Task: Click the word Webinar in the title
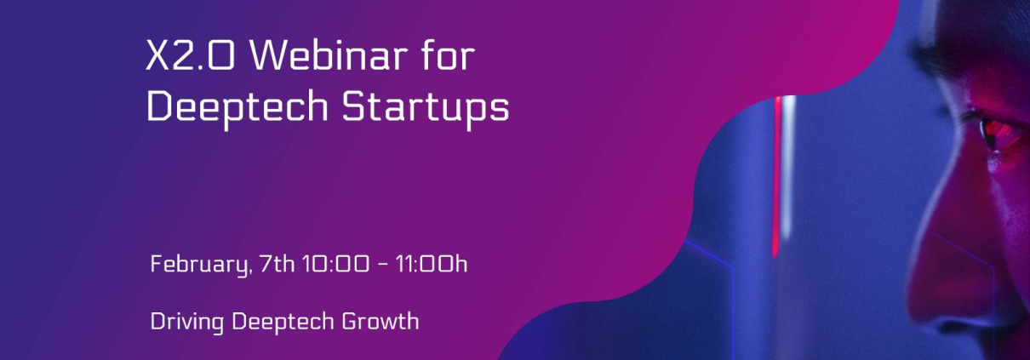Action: click(329, 55)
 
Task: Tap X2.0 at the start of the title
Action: click(191, 55)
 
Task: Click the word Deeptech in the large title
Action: click(237, 108)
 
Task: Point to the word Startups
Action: click(426, 108)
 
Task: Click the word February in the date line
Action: click(199, 265)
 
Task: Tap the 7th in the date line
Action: click(277, 264)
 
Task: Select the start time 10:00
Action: click(335, 264)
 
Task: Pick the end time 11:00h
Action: click(432, 264)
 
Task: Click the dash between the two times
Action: click(382, 266)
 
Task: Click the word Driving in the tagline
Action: click(187, 322)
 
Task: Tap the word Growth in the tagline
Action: click(381, 321)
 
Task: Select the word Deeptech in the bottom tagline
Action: click(283, 322)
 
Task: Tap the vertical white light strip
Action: click(789, 165)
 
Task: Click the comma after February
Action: click(250, 272)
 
